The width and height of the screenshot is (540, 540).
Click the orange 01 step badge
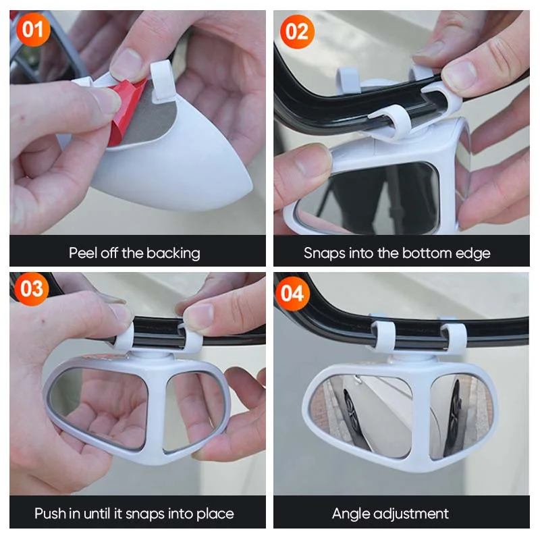33,29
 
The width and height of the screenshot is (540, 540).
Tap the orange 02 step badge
297,31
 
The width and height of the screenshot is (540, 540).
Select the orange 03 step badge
32,288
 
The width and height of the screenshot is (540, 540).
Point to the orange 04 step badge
293,294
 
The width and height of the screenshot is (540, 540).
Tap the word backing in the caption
173,254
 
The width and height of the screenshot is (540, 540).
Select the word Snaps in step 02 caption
325,254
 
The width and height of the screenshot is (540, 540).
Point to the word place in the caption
215,514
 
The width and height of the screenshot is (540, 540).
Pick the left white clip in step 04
383,337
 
